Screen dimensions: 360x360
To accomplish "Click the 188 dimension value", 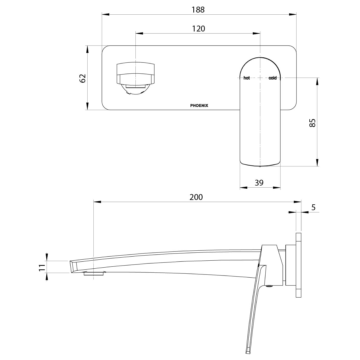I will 198,10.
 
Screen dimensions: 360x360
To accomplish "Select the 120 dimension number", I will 198,29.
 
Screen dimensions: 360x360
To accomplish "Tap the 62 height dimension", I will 83,78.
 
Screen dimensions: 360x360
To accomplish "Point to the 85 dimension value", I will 312,123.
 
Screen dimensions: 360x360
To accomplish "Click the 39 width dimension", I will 259,183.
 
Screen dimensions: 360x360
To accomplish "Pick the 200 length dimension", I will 196,197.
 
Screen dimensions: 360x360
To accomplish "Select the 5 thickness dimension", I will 313,207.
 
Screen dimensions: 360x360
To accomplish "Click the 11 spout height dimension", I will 42,267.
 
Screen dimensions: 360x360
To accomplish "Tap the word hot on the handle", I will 247,78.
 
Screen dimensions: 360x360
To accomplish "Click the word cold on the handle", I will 272,78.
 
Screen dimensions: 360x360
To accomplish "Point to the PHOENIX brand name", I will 199,106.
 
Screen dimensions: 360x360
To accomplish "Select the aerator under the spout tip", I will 94,274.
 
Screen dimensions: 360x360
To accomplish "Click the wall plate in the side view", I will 298,265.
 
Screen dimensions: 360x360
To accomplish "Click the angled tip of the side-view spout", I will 73,267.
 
